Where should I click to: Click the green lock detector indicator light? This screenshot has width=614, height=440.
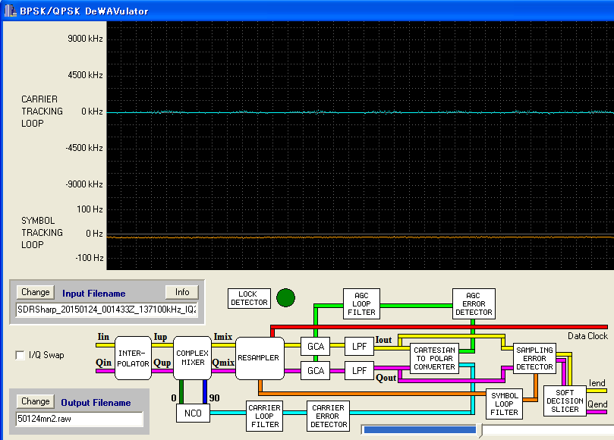coord(285,298)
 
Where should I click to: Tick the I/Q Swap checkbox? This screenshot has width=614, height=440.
coord(20,355)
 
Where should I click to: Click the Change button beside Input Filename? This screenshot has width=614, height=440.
coord(35,292)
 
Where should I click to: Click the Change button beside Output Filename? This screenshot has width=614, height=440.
coord(35,401)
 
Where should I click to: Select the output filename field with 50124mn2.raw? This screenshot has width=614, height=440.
coord(80,419)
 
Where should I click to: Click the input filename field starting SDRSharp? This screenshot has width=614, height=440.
coord(107,310)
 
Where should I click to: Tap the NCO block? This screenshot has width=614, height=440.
coord(193,413)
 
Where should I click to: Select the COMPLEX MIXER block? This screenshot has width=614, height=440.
coord(192,358)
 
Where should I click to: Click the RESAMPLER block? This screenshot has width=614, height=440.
coord(260,358)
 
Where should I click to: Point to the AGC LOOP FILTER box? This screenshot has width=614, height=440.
coord(361,303)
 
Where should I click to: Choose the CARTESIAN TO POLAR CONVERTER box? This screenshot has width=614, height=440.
coord(434,359)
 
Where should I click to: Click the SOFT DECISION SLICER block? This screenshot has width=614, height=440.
coord(565,401)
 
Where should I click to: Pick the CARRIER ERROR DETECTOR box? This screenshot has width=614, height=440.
coord(328,416)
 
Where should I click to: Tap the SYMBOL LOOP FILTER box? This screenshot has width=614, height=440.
coord(505,404)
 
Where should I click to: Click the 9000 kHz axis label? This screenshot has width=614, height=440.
coord(85,39)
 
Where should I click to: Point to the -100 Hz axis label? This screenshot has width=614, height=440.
coord(90,258)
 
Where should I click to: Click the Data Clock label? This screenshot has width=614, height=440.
coord(587,336)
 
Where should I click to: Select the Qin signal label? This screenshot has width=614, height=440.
coord(104,363)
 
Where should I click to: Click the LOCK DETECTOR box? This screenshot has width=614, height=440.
coord(249,298)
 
